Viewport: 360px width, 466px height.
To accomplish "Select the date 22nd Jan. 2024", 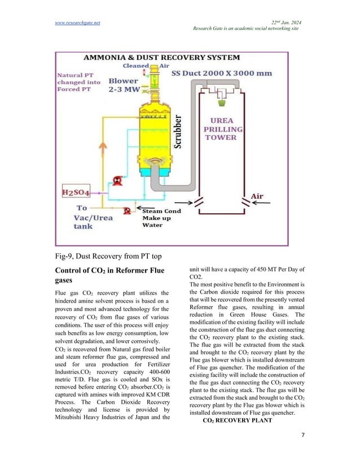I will click(286, 22).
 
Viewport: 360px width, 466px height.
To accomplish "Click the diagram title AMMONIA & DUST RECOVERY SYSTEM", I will click(161, 58).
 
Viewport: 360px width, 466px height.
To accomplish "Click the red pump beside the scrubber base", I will click(118, 181).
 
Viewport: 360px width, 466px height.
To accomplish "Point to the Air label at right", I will click(257, 196).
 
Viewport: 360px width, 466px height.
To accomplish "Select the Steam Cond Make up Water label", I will click(161, 218).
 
